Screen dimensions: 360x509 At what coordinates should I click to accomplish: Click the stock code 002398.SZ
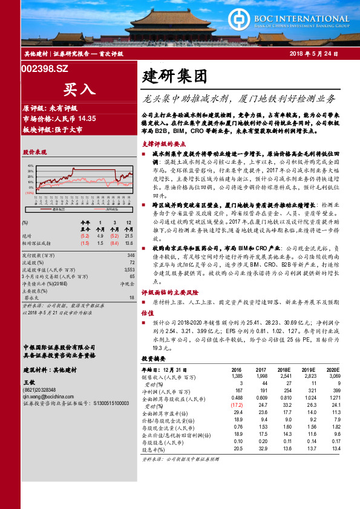pos(45,70)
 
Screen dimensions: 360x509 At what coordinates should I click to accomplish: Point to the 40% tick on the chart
pos(31,164)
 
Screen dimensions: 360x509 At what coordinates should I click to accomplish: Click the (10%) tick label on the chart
pos(30,193)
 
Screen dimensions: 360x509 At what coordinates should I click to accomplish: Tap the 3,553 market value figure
pos(128,270)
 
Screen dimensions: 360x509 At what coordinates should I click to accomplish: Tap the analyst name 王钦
pos(29,382)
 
